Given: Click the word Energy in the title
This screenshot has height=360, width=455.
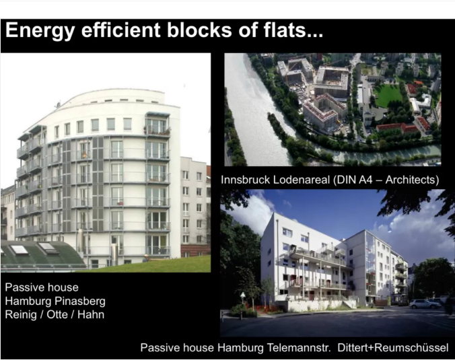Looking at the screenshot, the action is click(x=40, y=31).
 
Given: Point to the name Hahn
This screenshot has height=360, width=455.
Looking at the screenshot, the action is click(x=91, y=314).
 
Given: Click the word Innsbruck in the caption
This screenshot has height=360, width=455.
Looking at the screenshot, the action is click(x=246, y=180).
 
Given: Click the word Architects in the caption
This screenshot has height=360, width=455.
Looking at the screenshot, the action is click(x=412, y=180).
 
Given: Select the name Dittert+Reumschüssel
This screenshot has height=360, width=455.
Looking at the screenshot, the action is click(x=393, y=347).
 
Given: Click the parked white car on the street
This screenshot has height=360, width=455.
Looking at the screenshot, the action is click(x=425, y=303).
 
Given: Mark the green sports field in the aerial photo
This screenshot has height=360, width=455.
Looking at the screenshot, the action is click(x=388, y=96).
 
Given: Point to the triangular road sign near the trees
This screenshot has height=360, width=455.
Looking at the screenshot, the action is click(x=242, y=295).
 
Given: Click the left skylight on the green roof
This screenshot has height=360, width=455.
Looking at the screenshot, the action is click(x=19, y=249).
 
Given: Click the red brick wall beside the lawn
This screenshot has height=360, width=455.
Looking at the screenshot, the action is click(x=195, y=250).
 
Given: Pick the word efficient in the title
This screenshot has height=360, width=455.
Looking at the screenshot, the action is click(x=120, y=30).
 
